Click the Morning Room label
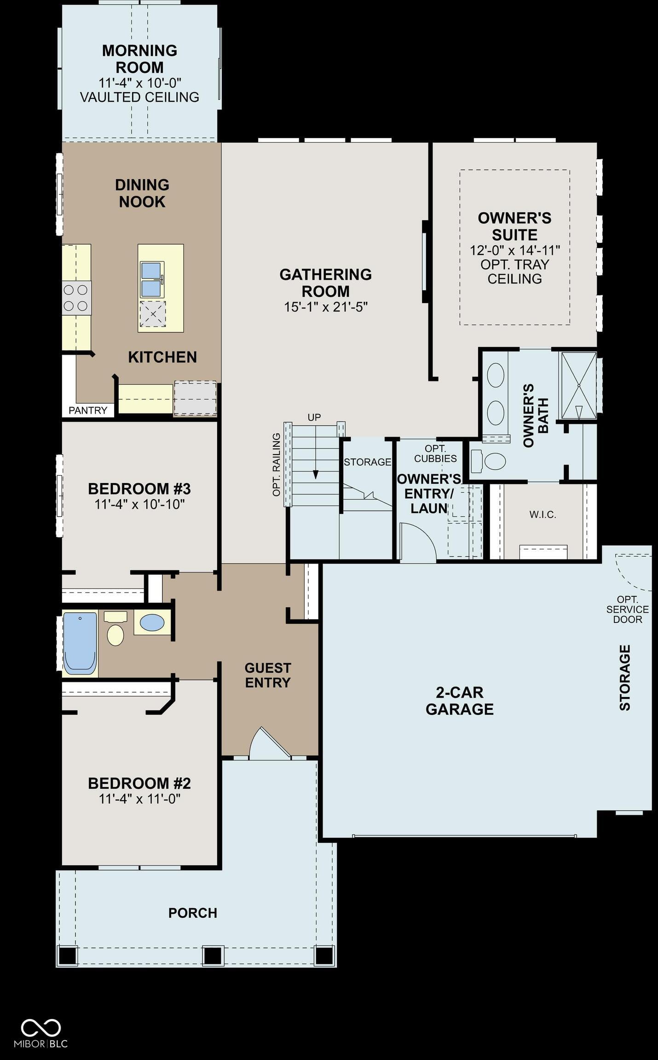[139, 58]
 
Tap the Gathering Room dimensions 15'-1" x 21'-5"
[326, 307]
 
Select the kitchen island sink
[152, 280]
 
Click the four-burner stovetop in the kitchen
[76, 298]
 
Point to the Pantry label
[88, 410]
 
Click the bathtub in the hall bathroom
[80, 643]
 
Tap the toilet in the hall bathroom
[115, 628]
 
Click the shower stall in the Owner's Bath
[578, 386]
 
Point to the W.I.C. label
[543, 514]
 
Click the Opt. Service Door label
[628, 609]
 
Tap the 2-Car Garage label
[460, 700]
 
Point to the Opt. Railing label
[276, 465]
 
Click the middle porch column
[213, 956]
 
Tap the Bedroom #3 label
[139, 488]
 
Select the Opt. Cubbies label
[435, 453]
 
